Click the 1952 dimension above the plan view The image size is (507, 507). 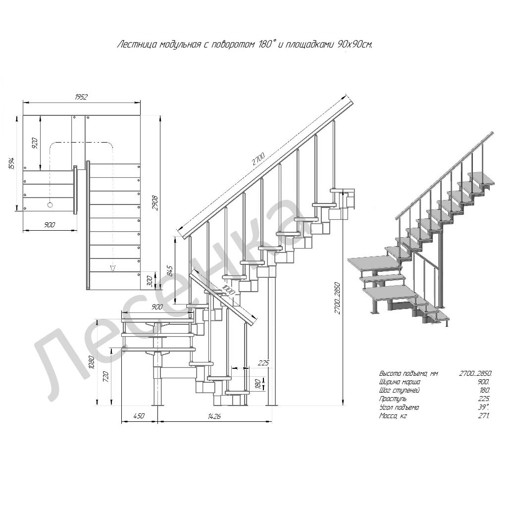tap(81, 97)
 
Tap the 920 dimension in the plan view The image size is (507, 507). tap(35, 143)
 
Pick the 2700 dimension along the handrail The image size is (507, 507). tap(258, 159)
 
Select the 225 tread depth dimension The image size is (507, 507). tap(263, 362)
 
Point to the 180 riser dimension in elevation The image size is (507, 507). tap(257, 384)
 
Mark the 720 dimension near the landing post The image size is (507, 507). tap(105, 376)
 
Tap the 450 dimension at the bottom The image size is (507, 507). tap(139, 416)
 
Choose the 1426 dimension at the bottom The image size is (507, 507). tap(214, 416)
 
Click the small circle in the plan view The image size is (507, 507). tap(50, 204)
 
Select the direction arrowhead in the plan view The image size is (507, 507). tap(112, 267)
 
